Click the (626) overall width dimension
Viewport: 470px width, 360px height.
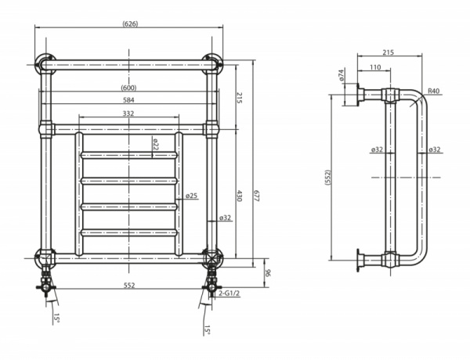click(x=130, y=24)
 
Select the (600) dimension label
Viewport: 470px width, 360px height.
click(x=128, y=88)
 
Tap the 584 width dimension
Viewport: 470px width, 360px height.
click(x=128, y=100)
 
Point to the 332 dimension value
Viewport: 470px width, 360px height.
click(x=128, y=113)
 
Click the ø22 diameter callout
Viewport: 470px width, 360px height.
click(x=155, y=145)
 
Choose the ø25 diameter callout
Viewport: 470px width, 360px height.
click(x=191, y=196)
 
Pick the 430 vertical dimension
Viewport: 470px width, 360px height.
click(x=240, y=196)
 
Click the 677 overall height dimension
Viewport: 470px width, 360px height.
click(x=257, y=196)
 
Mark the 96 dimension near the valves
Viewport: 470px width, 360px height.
click(x=268, y=273)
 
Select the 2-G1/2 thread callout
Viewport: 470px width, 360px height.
click(x=230, y=293)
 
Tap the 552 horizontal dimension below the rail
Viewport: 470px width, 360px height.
click(x=129, y=286)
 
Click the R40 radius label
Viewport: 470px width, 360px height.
click(x=433, y=91)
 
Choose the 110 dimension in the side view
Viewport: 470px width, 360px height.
click(x=375, y=67)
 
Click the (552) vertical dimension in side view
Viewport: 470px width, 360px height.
click(x=327, y=178)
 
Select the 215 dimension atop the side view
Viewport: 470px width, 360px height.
click(x=389, y=52)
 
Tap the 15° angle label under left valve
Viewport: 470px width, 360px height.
click(x=56, y=319)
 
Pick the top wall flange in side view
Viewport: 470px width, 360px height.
click(x=360, y=95)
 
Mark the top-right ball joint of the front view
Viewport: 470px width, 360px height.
click(x=211, y=64)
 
